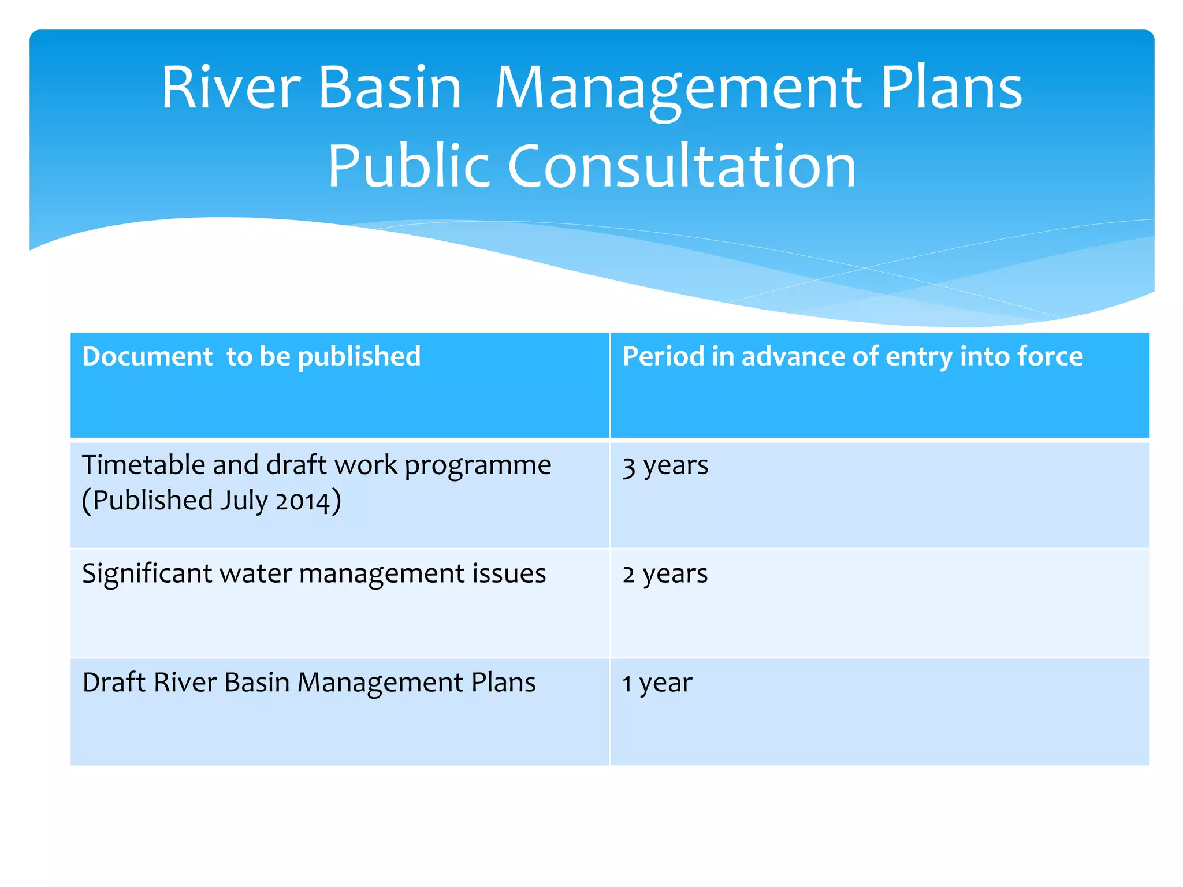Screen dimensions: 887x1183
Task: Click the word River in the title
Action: point(230,88)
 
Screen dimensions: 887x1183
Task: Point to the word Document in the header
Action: point(147,356)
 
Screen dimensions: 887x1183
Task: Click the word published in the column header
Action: point(359,356)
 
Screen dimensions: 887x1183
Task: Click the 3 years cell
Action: point(665,465)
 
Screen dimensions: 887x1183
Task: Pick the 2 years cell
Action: point(665,574)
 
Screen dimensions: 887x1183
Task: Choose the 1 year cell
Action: point(657,683)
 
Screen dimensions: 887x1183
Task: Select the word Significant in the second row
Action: point(147,574)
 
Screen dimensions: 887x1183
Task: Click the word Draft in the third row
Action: point(114,683)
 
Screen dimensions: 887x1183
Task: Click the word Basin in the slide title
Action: point(390,88)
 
